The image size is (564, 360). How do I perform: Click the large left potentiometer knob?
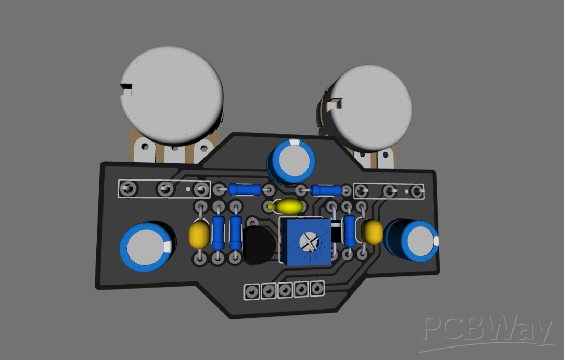point(172,95)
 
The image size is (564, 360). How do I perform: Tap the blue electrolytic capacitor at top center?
point(292,160)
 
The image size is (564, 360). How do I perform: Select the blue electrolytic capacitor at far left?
point(147,247)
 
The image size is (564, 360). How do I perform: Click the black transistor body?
point(259,245)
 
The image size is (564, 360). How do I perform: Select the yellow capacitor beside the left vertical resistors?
point(199,235)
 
